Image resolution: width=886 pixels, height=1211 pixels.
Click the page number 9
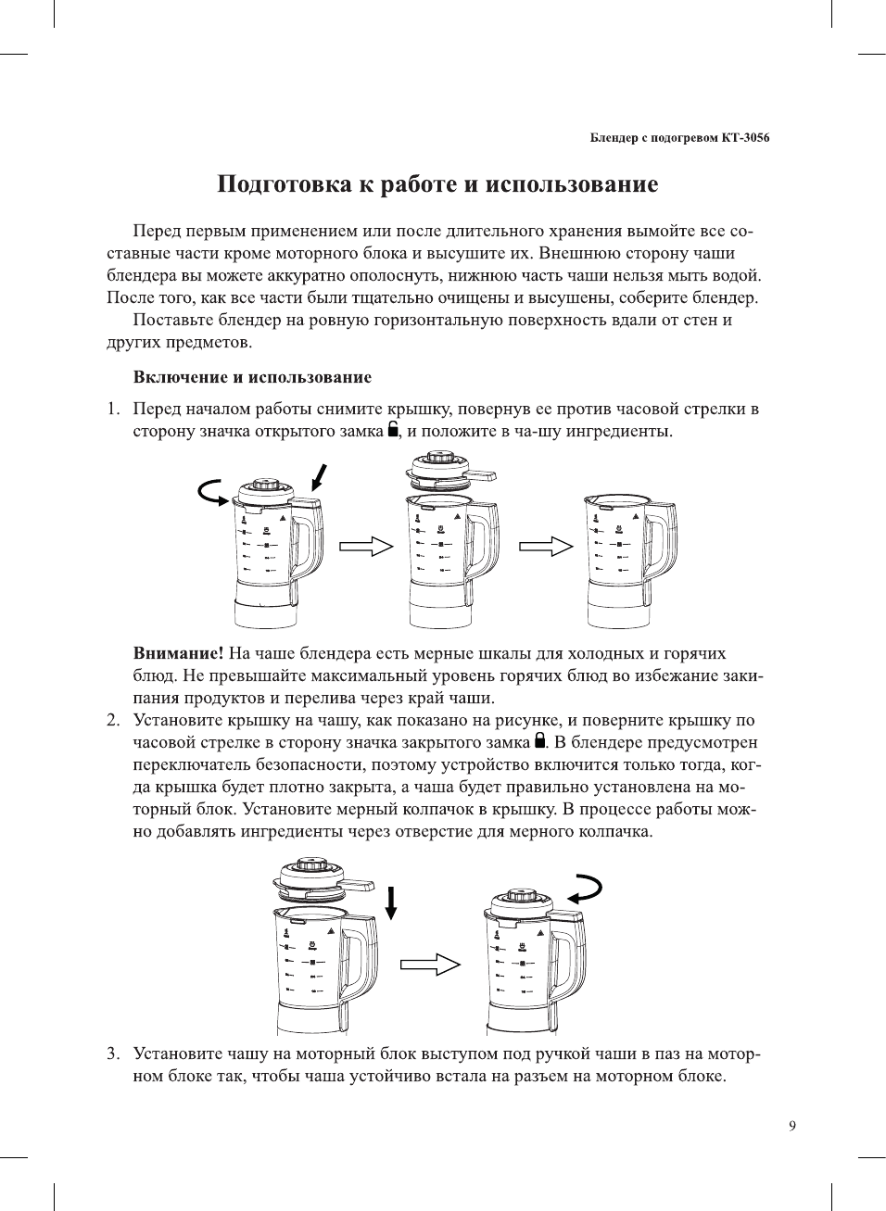pyautogui.click(x=791, y=1126)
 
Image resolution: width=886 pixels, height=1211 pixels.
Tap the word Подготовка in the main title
pyautogui.click(x=285, y=184)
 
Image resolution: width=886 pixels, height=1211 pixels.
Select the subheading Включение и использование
pyautogui.click(x=252, y=377)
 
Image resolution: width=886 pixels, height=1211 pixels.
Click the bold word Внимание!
pyautogui.click(x=178, y=653)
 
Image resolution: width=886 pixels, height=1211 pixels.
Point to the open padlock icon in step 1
pyautogui.click(x=394, y=429)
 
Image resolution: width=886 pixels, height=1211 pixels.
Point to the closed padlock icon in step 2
pyautogui.click(x=539, y=740)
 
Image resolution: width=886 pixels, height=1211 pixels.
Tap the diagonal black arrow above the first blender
pyautogui.click(x=319, y=476)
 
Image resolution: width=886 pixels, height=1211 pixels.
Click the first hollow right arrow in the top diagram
pyautogui.click(x=366, y=547)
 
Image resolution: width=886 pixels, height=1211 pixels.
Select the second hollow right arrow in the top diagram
pyautogui.click(x=546, y=547)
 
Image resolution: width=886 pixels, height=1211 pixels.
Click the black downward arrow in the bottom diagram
pyautogui.click(x=391, y=902)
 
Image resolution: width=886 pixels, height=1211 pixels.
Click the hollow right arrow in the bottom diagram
pyautogui.click(x=430, y=965)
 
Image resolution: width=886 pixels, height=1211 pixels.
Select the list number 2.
pyautogui.click(x=113, y=720)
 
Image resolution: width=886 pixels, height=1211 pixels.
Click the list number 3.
pyautogui.click(x=113, y=1053)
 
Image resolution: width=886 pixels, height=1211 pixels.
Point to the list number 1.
pyautogui.click(x=113, y=409)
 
